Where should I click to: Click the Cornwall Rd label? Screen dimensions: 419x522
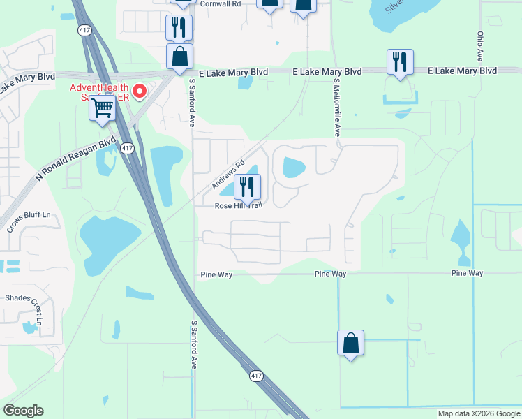click(x=220, y=3)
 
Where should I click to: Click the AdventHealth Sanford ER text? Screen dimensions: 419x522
click(x=99, y=92)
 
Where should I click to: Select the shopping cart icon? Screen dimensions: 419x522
click(x=103, y=108)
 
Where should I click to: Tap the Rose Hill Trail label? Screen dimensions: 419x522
click(x=238, y=206)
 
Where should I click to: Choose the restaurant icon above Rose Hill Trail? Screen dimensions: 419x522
click(x=247, y=187)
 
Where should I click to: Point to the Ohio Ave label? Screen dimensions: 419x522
click(x=480, y=44)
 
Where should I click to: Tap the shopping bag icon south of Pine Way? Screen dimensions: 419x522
click(x=350, y=343)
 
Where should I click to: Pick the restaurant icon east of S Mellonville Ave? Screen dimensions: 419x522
click(x=400, y=62)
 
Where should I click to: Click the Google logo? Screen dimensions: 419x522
click(x=23, y=411)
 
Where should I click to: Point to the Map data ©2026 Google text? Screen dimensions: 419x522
click(x=479, y=413)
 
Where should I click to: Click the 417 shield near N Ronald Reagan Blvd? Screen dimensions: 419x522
click(x=127, y=147)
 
